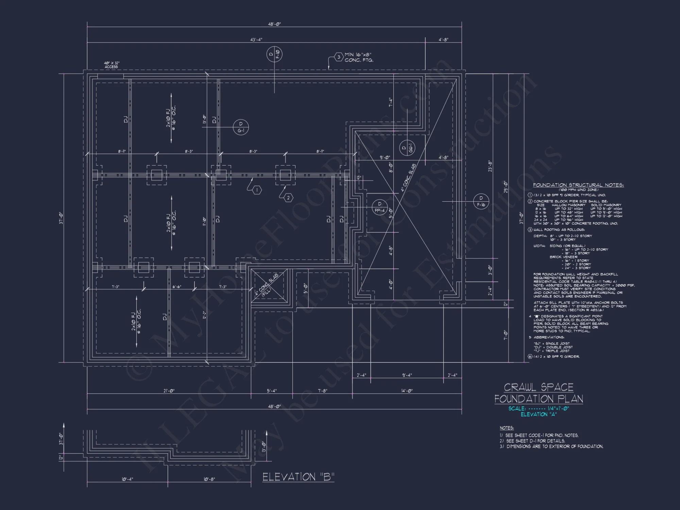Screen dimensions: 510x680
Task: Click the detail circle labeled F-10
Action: (x=274, y=54)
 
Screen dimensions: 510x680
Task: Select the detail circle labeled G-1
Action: (x=241, y=127)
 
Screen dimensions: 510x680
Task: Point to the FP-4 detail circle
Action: (x=379, y=207)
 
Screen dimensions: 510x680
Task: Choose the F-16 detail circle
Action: (x=481, y=201)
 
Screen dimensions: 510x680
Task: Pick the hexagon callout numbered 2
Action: (x=288, y=198)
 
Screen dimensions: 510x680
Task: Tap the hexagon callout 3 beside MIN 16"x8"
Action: (x=339, y=57)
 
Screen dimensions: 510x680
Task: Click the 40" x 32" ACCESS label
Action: (x=112, y=65)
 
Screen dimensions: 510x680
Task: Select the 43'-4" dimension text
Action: (x=256, y=39)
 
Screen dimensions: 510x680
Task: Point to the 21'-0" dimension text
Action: (x=169, y=391)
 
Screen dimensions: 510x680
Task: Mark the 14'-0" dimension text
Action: (x=407, y=391)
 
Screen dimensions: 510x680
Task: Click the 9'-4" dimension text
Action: (x=407, y=375)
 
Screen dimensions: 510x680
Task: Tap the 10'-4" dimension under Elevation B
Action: (x=128, y=479)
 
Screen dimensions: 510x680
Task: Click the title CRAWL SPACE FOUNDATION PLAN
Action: (x=539, y=393)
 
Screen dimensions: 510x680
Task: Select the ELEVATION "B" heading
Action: (x=298, y=477)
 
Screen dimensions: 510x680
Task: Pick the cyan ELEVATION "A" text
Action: (x=539, y=414)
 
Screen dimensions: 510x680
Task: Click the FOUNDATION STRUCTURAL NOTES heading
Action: (x=578, y=185)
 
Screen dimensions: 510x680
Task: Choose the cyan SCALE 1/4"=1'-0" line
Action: (x=539, y=408)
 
